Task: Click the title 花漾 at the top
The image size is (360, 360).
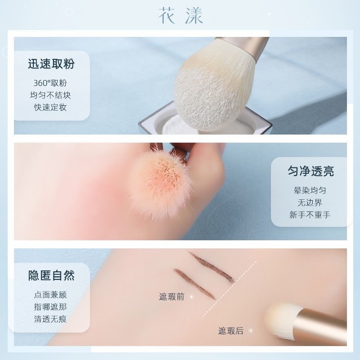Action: [x=180, y=16]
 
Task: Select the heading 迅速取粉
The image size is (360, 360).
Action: [x=51, y=63]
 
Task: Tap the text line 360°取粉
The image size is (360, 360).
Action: [x=50, y=83]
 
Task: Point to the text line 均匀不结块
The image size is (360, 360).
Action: [x=50, y=95]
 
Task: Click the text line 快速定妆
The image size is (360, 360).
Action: [x=50, y=107]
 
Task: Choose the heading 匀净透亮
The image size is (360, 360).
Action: [x=310, y=171]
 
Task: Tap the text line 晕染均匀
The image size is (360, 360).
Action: [x=310, y=190]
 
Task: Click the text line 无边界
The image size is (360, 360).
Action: [x=310, y=202]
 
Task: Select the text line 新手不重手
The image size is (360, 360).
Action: [x=310, y=215]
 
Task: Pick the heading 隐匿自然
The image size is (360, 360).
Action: [x=51, y=275]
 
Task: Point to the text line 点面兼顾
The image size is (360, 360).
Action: [x=50, y=295]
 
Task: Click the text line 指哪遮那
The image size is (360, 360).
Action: [x=50, y=307]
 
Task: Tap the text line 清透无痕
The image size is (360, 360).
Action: [x=50, y=319]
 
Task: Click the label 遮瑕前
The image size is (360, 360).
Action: [x=171, y=297]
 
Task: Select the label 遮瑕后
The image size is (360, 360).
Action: [x=231, y=331]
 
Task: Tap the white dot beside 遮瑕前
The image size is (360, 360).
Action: [x=191, y=297]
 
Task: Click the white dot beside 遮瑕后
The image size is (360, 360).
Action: [x=251, y=331]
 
